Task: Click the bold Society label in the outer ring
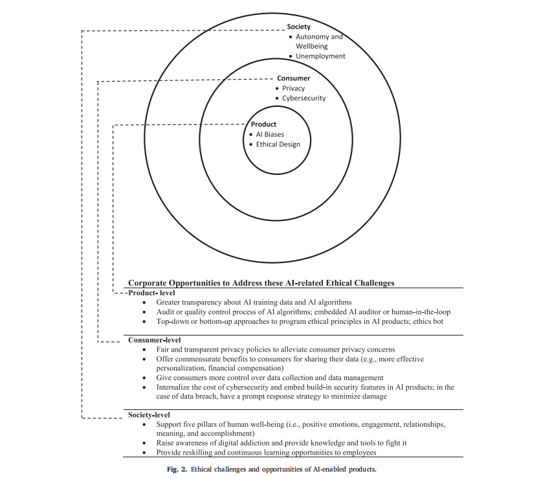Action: click(x=299, y=27)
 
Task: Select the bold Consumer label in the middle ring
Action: click(x=294, y=78)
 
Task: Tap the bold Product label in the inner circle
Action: click(x=263, y=124)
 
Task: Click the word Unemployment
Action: click(x=320, y=56)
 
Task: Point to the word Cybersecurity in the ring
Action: click(x=304, y=98)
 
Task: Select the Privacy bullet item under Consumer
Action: click(x=294, y=89)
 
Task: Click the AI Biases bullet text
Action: click(x=270, y=134)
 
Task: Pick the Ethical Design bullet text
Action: click(x=278, y=144)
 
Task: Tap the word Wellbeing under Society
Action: click(x=312, y=46)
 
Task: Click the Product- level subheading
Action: click(x=152, y=293)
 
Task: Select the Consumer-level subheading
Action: click(x=155, y=340)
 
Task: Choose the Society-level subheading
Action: click(x=149, y=415)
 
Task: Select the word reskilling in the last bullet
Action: click(x=199, y=453)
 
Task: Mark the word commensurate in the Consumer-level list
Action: click(x=198, y=359)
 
